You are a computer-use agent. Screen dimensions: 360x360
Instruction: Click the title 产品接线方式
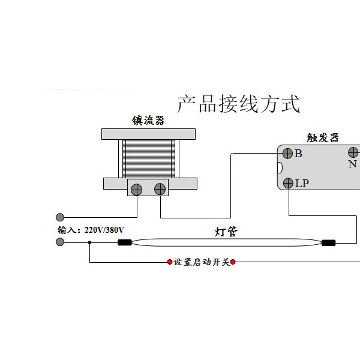pyautogui.click(x=239, y=104)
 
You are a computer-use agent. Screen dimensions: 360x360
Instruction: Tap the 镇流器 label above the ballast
pyautogui.click(x=148, y=121)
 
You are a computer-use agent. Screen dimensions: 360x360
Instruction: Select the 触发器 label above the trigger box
pyautogui.click(x=323, y=138)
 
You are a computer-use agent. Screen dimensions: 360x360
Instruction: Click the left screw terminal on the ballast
pyautogui.click(x=136, y=190)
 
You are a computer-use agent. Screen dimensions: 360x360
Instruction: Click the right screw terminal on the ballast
pyautogui.click(x=160, y=189)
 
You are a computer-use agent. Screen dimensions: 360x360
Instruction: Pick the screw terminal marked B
pyautogui.click(x=287, y=154)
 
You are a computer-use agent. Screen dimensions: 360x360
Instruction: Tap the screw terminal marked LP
pyautogui.click(x=289, y=183)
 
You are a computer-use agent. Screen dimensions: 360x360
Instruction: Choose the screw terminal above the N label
pyautogui.click(x=353, y=152)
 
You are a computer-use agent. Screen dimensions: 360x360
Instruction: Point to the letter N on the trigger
pyautogui.click(x=352, y=164)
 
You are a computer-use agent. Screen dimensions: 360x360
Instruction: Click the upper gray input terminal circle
pyautogui.click(x=60, y=217)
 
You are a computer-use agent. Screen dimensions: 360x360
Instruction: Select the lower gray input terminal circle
pyautogui.click(x=60, y=242)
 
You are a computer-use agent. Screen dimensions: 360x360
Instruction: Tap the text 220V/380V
pyautogui.click(x=104, y=230)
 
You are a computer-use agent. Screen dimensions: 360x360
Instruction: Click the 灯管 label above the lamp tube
pyautogui.click(x=226, y=232)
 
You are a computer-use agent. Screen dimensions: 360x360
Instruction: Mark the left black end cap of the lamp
pyautogui.click(x=125, y=242)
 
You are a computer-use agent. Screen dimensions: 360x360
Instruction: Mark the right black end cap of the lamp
pyautogui.click(x=329, y=242)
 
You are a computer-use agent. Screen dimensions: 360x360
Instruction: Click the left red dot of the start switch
pyautogui.click(x=170, y=262)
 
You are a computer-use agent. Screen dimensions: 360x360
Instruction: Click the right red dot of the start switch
pyautogui.click(x=233, y=262)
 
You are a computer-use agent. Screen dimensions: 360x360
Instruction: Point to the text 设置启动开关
pyautogui.click(x=202, y=262)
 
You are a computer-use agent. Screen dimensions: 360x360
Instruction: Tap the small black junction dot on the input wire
pyautogui.click(x=89, y=242)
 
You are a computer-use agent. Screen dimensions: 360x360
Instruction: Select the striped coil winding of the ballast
pyautogui.click(x=149, y=158)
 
